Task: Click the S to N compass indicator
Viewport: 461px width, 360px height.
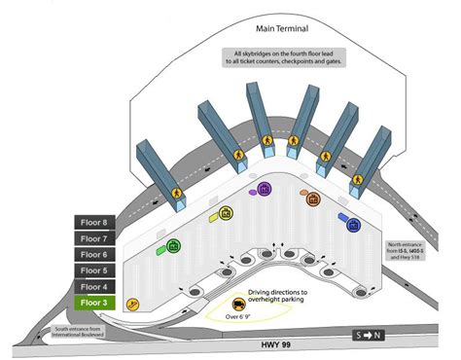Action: click(x=369, y=336)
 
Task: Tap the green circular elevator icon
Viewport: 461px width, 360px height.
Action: click(x=174, y=245)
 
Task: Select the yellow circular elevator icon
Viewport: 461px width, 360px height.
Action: click(x=226, y=212)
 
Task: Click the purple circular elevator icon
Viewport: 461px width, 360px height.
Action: click(x=264, y=188)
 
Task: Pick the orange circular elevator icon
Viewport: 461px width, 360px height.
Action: click(x=313, y=199)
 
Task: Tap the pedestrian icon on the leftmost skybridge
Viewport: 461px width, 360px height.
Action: click(x=177, y=193)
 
